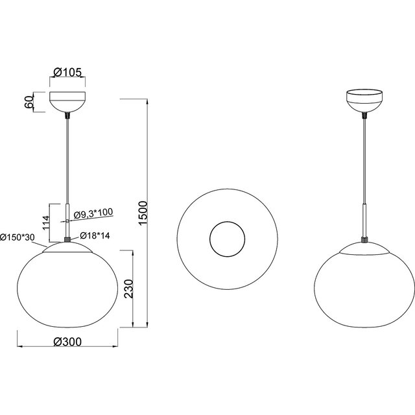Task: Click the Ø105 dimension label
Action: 68,73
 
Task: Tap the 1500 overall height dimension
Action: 144,213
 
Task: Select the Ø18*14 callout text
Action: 94,235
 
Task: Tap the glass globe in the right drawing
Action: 364,292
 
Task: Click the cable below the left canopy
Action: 67,162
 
